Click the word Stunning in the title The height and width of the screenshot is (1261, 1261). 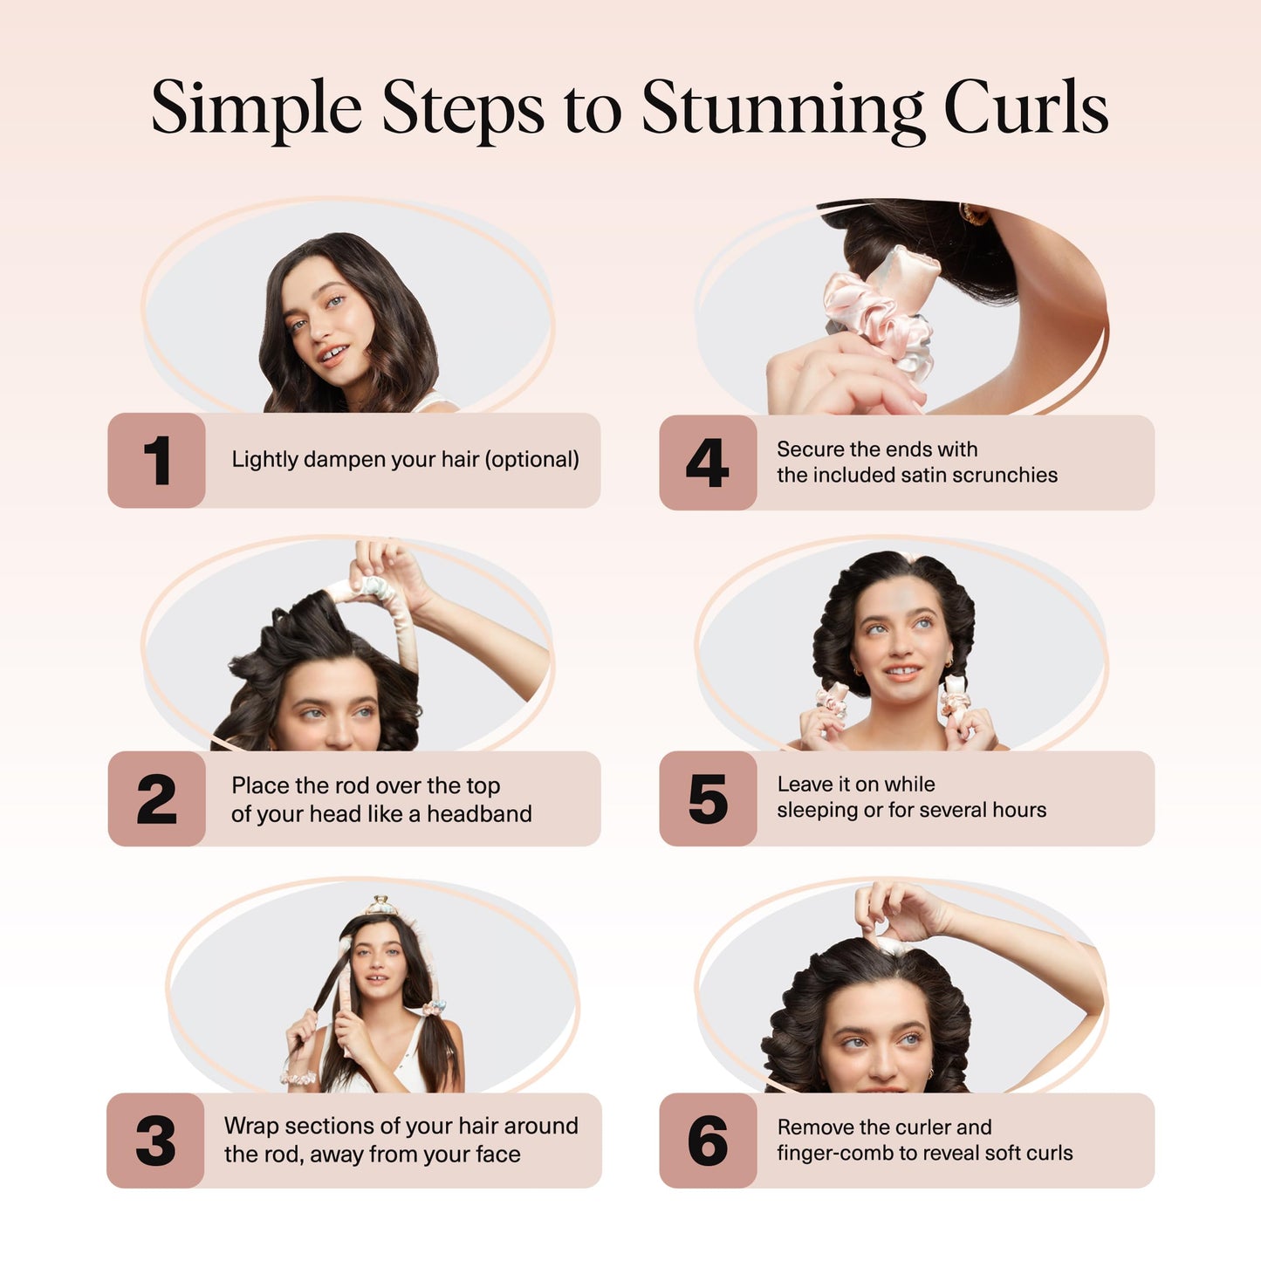(x=782, y=109)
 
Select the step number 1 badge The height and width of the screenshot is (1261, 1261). (x=157, y=460)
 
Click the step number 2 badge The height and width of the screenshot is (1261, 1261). (x=157, y=798)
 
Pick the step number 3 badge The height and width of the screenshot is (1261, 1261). (x=155, y=1140)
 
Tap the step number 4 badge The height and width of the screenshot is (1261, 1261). (x=708, y=463)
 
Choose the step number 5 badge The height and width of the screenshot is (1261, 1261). (x=708, y=798)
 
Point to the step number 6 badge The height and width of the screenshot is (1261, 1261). (x=708, y=1140)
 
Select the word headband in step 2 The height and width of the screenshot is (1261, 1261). (x=479, y=814)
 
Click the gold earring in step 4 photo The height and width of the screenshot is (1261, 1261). (x=970, y=213)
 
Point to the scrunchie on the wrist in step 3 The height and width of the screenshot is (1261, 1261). (x=298, y=1079)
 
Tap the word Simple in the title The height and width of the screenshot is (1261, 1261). (x=257, y=109)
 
